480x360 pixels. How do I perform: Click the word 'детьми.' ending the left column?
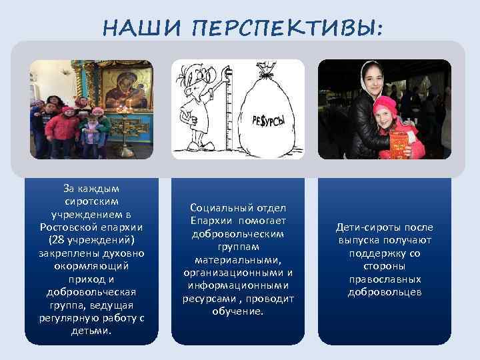91,331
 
